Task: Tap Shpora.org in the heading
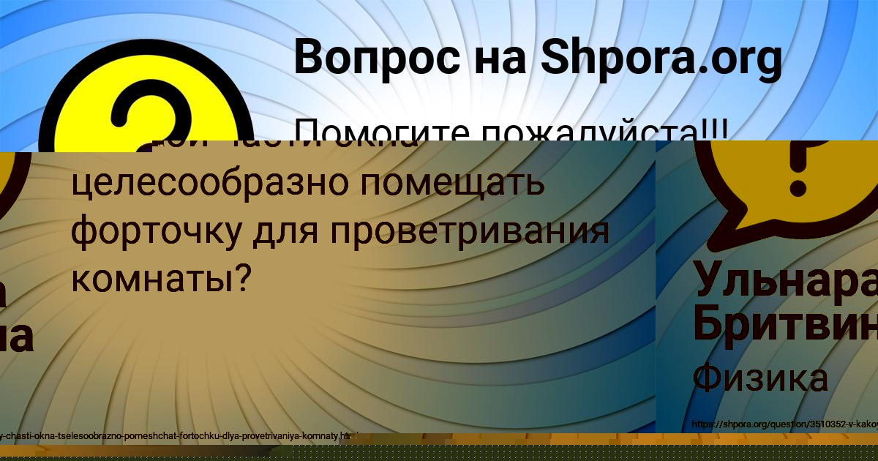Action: (x=661, y=59)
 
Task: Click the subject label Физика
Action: (x=760, y=379)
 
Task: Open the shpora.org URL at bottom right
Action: (x=783, y=424)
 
